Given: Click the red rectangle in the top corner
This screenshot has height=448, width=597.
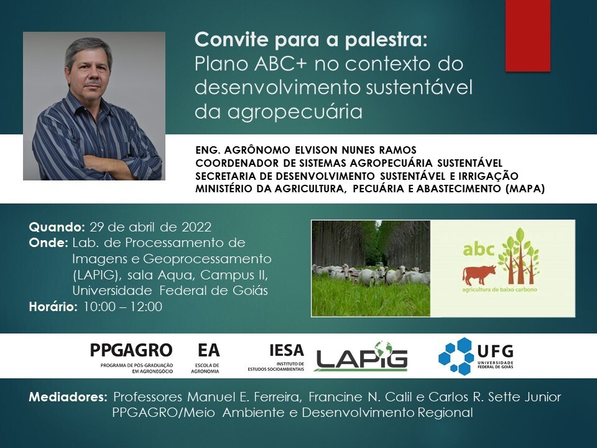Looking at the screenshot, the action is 528,35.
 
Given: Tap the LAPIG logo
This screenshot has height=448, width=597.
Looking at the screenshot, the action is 362,356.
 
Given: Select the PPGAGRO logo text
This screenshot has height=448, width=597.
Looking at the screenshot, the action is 131,350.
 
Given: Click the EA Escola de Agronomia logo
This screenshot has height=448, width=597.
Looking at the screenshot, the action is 206,358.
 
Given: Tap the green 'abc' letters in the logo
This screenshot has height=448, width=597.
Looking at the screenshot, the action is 478,250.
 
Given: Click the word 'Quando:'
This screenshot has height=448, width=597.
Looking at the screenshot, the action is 57,227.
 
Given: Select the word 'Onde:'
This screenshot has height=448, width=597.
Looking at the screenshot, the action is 49,243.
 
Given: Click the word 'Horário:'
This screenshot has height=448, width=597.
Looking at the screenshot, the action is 53,306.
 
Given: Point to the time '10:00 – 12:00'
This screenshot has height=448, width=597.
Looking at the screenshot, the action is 123,307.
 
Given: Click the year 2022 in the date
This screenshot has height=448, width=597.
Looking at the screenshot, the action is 197,227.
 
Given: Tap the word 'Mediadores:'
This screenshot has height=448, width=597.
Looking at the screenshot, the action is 68,397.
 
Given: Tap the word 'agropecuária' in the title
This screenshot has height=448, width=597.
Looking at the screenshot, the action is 295,112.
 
